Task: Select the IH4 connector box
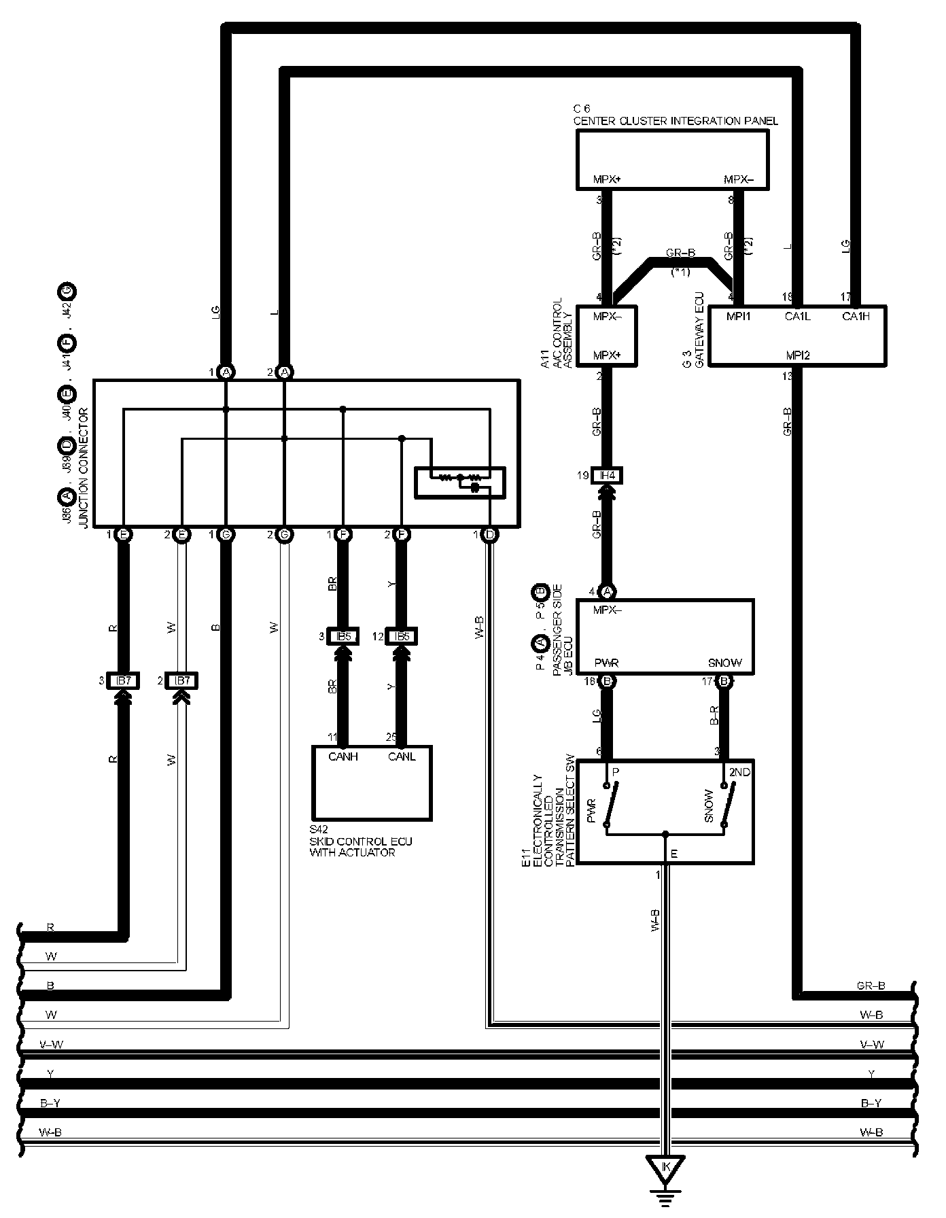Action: [x=608, y=476]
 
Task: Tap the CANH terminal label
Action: [x=343, y=756]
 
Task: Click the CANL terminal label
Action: [x=402, y=756]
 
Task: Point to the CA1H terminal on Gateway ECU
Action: [x=855, y=315]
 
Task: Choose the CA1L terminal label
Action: [x=797, y=315]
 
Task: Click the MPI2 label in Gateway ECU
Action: [x=797, y=355]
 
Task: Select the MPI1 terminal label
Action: [x=739, y=315]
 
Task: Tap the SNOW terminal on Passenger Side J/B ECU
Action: [x=724, y=663]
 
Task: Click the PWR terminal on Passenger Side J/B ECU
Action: [x=606, y=663]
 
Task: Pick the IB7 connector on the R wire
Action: [x=123, y=681]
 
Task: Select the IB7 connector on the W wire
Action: [x=181, y=681]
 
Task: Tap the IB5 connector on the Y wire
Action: [x=402, y=637]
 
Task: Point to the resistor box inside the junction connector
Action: [x=459, y=482]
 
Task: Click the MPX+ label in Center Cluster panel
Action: [x=607, y=180]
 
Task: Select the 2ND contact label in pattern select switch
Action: [x=739, y=772]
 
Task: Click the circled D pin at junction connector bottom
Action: [x=489, y=535]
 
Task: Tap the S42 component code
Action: [x=318, y=830]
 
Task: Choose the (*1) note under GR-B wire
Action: [x=681, y=272]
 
